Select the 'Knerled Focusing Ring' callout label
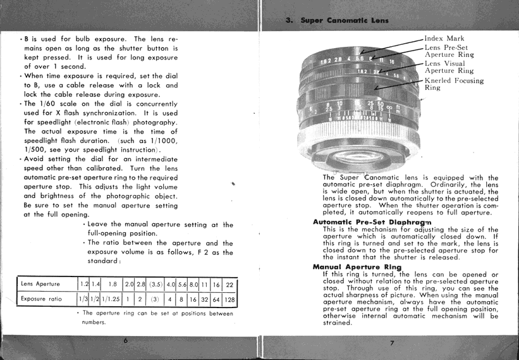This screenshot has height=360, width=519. [454, 84]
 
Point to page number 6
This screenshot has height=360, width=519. [126, 340]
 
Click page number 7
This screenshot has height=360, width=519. [392, 344]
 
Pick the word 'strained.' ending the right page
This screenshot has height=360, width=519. [337, 323]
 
